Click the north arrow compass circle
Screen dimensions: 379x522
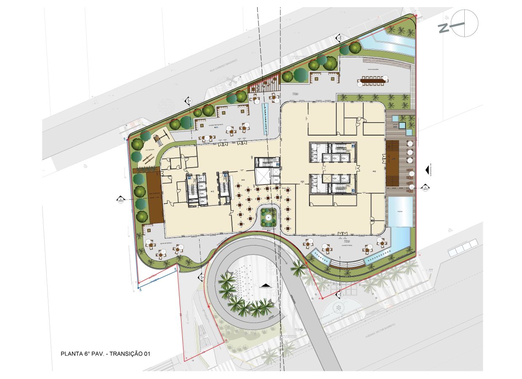[x=464, y=23]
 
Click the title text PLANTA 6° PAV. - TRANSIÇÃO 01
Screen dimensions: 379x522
[x=106, y=354]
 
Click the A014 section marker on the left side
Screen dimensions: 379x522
[x=120, y=199]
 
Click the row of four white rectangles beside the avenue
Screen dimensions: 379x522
[x=463, y=248]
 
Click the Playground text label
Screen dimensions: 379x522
[x=149, y=149]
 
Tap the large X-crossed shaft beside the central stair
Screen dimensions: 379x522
[x=264, y=177]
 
